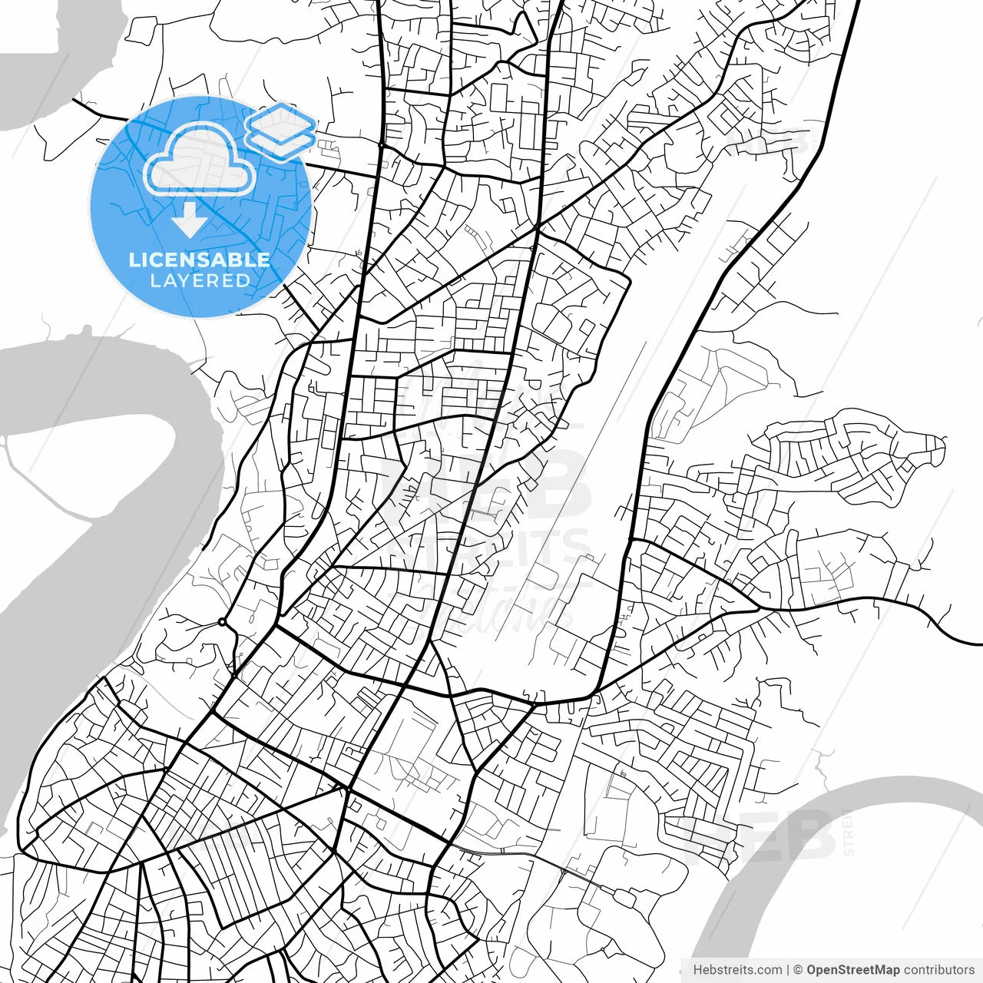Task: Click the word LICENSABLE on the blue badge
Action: [x=200, y=260]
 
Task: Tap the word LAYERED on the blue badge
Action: [x=200, y=280]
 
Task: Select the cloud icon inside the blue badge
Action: [x=200, y=160]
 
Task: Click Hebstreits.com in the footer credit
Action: [x=737, y=970]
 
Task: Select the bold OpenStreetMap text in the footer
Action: [x=852, y=970]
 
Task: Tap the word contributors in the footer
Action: [x=938, y=970]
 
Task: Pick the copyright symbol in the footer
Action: [x=798, y=970]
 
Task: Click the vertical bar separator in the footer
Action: [x=788, y=970]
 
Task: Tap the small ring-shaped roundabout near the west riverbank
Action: [x=222, y=621]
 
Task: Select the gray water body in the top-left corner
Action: [x=46, y=69]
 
